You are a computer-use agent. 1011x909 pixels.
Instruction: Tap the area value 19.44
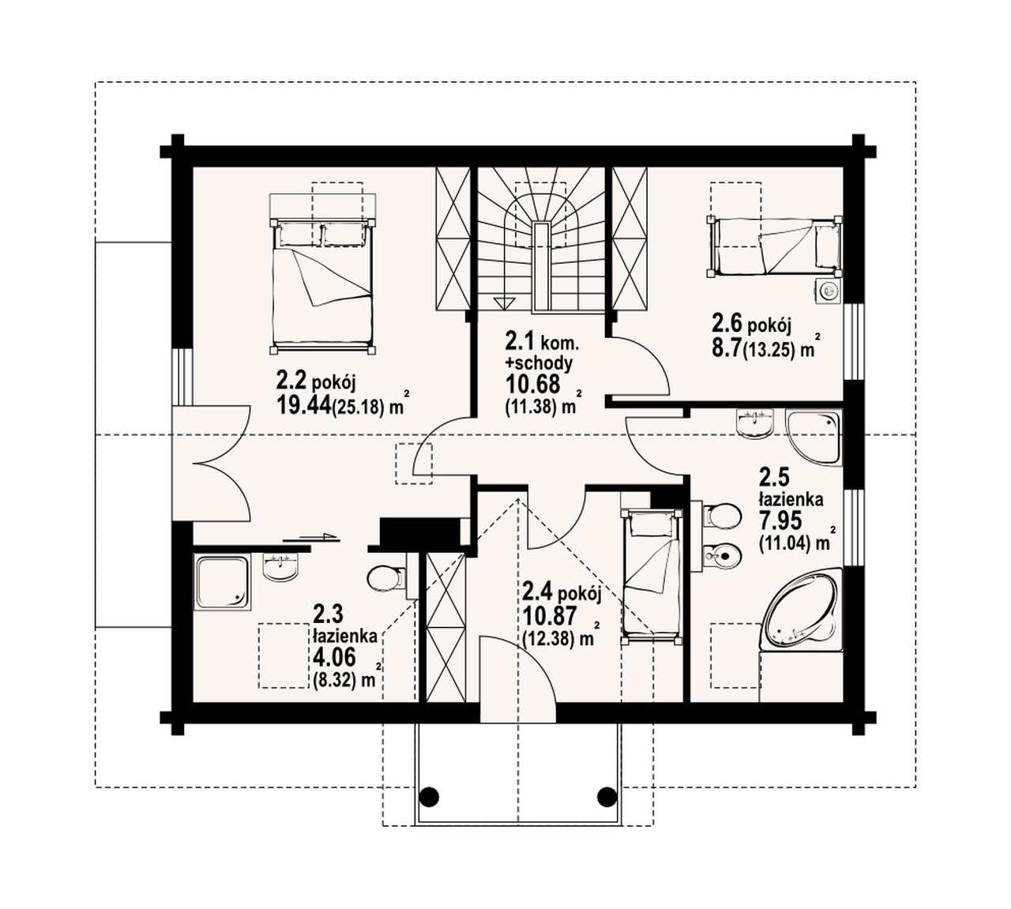click(x=304, y=404)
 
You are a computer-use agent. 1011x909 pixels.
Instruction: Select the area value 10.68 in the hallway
click(x=532, y=384)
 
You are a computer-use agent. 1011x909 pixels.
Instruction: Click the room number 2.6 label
click(x=727, y=323)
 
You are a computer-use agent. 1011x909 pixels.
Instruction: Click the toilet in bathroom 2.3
click(x=387, y=578)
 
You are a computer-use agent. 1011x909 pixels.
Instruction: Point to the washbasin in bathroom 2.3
click(x=280, y=567)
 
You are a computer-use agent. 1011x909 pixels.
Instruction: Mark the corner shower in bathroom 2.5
click(x=813, y=437)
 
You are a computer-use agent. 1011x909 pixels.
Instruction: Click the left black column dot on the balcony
click(x=429, y=797)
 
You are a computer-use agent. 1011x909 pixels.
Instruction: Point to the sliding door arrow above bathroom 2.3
click(x=310, y=538)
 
